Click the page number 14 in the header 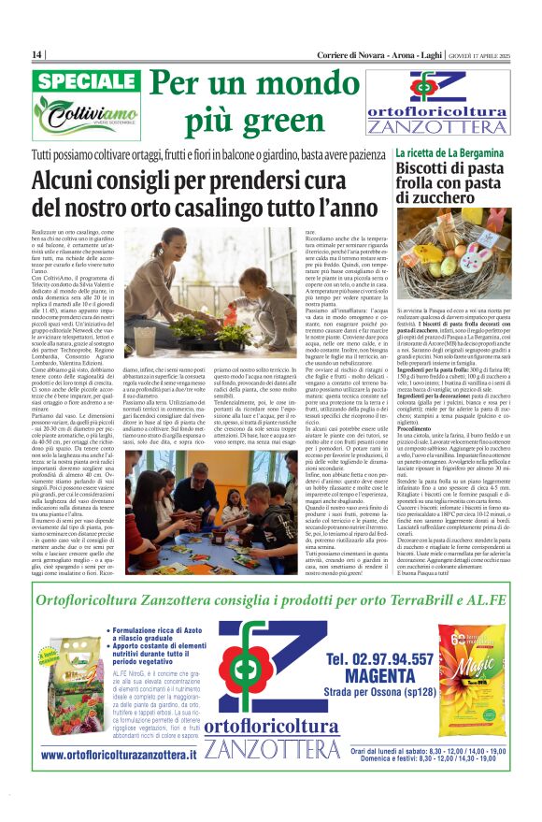coord(37,54)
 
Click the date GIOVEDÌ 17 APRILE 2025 coord(482,54)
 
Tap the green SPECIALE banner coord(87,81)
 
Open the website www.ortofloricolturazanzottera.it coord(120,755)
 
